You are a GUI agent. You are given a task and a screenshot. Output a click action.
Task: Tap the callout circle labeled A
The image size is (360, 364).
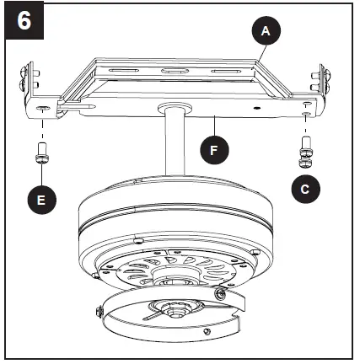[x=266, y=31]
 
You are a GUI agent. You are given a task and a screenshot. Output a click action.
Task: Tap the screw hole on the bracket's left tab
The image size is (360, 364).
[x=41, y=109]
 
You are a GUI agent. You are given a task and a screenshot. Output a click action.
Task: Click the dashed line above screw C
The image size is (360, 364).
[x=305, y=126]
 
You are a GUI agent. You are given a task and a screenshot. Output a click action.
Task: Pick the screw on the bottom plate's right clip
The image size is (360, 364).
[x=221, y=292]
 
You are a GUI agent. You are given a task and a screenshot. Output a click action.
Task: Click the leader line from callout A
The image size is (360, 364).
[x=258, y=47]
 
